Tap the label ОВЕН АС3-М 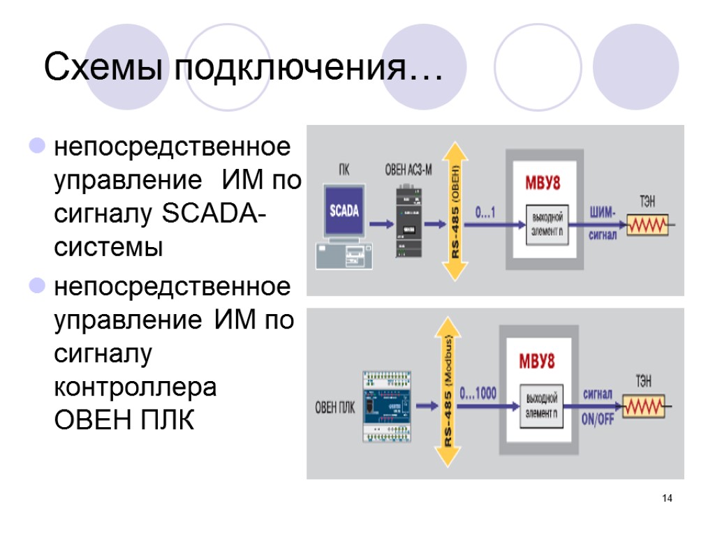click(x=408, y=170)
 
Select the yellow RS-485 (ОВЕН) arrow click(x=455, y=211)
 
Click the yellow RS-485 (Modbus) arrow click(x=446, y=391)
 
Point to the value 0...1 click(x=485, y=213)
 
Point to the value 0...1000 click(x=478, y=394)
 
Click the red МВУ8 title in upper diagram click(x=543, y=183)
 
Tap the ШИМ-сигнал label click(x=604, y=222)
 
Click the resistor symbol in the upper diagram click(x=647, y=225)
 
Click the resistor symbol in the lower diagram click(x=644, y=406)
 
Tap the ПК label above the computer click(x=345, y=170)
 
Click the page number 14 click(x=668, y=498)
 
